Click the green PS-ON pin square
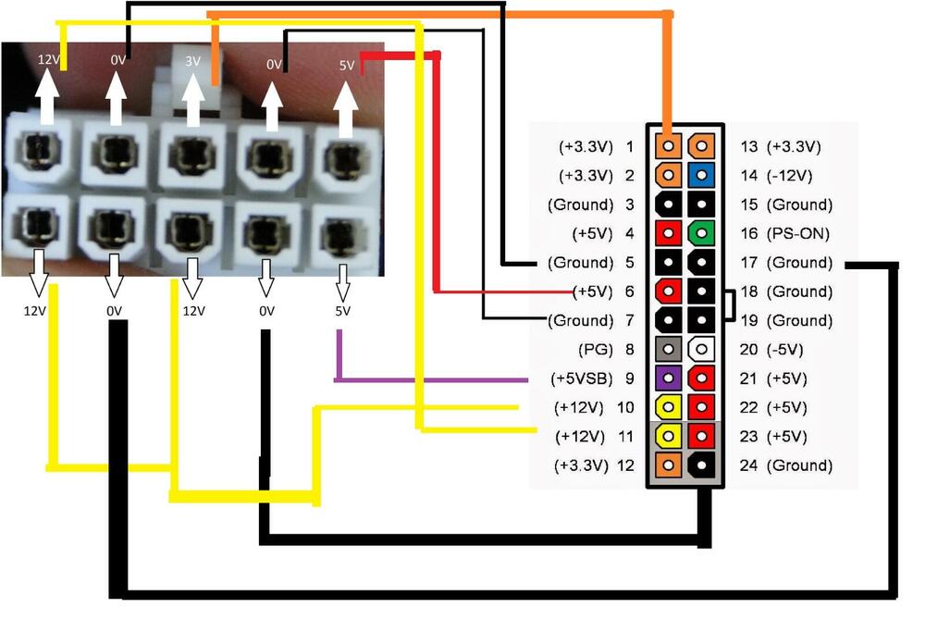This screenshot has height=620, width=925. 703,233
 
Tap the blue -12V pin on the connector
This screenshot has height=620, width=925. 703,175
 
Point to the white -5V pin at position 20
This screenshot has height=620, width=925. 703,349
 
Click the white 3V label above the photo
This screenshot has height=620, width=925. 193,62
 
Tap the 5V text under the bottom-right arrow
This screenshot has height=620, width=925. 342,311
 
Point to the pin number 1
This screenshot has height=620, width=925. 630,146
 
